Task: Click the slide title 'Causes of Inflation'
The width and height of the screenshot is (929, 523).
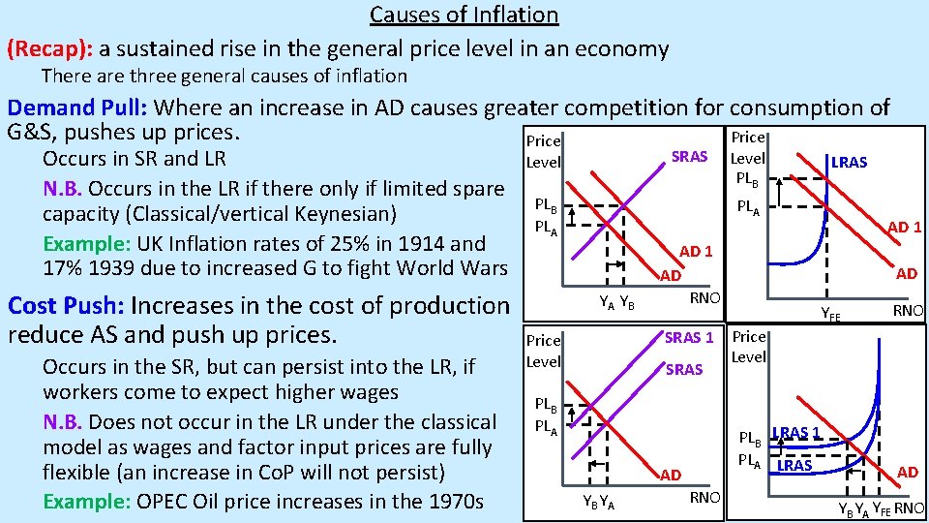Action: pyautogui.click(x=464, y=15)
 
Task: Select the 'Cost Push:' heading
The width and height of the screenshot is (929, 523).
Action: pyautogui.click(x=65, y=306)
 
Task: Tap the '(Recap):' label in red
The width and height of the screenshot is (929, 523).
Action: pyautogui.click(x=48, y=48)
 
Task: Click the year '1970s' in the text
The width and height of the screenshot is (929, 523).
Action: pyautogui.click(x=457, y=501)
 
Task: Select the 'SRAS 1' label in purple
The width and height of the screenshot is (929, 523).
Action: pyautogui.click(x=689, y=337)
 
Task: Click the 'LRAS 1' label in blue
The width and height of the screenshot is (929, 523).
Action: pyautogui.click(x=795, y=432)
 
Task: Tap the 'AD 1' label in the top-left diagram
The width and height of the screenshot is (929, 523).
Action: pyautogui.click(x=696, y=252)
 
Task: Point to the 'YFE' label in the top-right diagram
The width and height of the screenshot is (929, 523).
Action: pyautogui.click(x=830, y=313)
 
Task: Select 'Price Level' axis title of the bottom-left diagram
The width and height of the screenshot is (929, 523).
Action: pyautogui.click(x=543, y=351)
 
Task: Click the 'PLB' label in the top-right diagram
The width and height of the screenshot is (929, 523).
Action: pyautogui.click(x=747, y=177)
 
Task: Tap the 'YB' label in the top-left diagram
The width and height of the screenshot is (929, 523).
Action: pyautogui.click(x=626, y=301)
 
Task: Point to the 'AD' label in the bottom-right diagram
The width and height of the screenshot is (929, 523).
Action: pyautogui.click(x=907, y=472)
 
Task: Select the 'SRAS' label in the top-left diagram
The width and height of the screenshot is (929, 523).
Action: pyautogui.click(x=689, y=157)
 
